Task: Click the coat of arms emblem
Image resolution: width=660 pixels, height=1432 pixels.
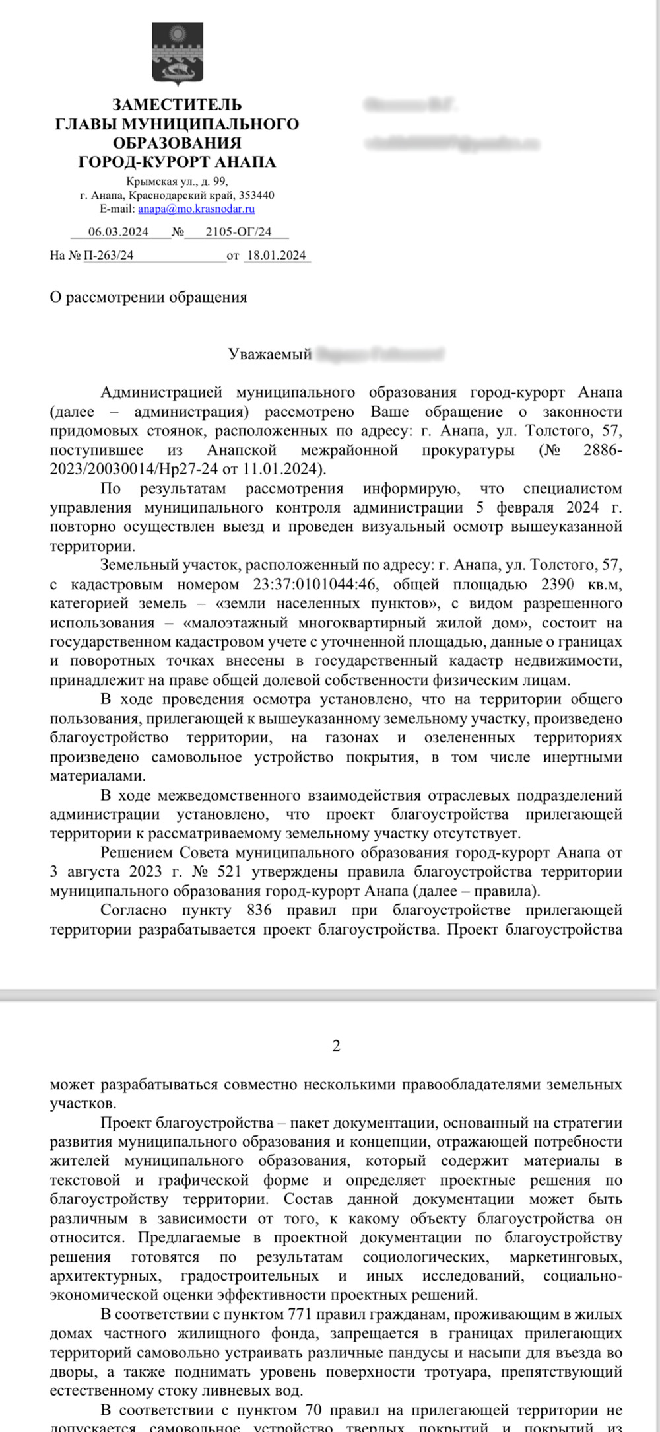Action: pos(178,54)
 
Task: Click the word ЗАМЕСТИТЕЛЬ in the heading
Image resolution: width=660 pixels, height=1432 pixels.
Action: pos(177,104)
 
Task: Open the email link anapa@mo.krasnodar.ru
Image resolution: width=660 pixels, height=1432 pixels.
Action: pos(196,209)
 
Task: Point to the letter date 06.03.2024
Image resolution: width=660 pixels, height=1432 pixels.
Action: pos(118,232)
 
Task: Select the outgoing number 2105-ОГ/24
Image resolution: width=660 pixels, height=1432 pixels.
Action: pos(238,232)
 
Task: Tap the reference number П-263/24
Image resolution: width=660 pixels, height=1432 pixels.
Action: pos(108,256)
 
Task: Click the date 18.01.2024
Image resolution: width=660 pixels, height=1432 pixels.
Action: pos(277,256)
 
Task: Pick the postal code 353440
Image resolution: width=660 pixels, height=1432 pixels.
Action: pos(256,196)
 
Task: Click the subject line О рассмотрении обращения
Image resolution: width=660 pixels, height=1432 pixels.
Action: pos(148,297)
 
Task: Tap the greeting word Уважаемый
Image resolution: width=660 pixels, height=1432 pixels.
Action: pos(269,355)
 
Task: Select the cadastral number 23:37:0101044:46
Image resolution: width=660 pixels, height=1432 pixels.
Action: pos(315,585)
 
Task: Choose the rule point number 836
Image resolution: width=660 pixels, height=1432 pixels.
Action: pos(259,910)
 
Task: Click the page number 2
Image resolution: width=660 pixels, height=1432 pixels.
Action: pos(337,1046)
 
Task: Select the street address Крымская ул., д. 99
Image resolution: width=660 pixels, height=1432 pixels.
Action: pos(177,182)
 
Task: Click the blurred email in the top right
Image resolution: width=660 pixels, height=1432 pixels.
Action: pos(452,143)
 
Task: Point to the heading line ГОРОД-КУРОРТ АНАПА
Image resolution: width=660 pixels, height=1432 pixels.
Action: pos(177,162)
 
